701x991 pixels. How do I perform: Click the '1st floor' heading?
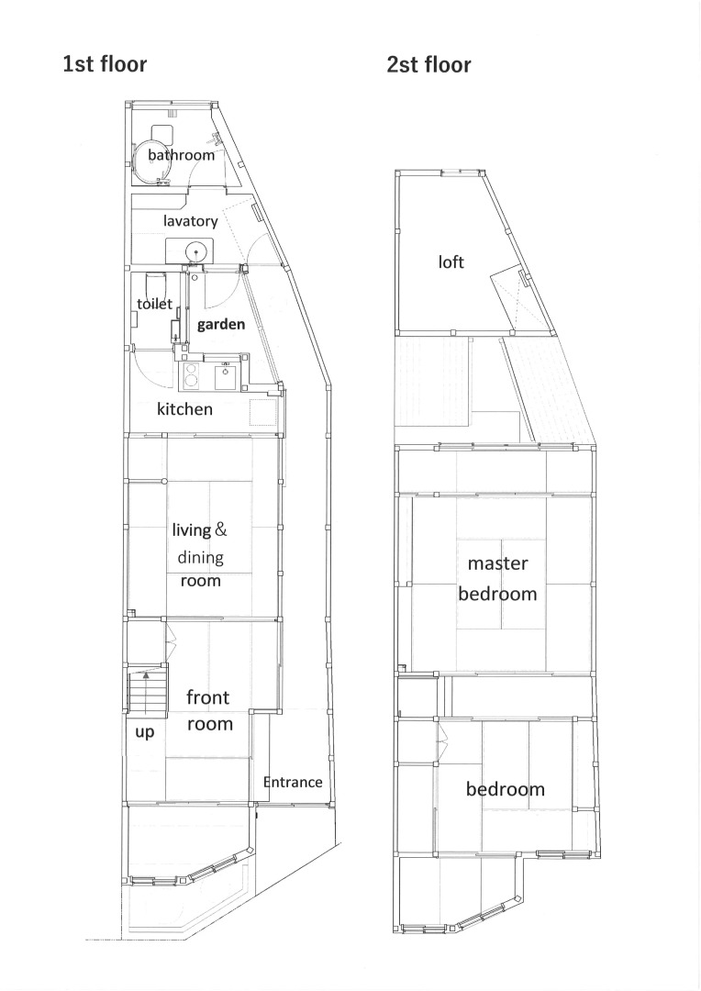[x=105, y=64]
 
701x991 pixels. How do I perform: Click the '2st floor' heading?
[x=429, y=64]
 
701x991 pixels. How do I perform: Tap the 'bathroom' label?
[x=181, y=155]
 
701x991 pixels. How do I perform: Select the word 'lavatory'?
[x=190, y=220]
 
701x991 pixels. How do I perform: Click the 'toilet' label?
[x=154, y=304]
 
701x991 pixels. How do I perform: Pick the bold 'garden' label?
[x=220, y=324]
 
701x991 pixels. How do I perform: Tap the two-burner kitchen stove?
[x=190, y=376]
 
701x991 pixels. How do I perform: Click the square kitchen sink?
[x=226, y=377]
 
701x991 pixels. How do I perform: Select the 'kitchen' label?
[x=184, y=409]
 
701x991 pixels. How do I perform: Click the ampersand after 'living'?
[x=220, y=529]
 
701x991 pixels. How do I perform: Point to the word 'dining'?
[x=200, y=558]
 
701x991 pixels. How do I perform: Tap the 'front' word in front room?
[x=208, y=697]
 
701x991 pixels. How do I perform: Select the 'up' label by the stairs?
[x=145, y=732]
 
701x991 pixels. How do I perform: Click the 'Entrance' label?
[x=293, y=782]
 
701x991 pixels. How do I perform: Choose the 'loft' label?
[x=451, y=262]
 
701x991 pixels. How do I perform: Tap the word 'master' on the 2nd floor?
[x=497, y=563]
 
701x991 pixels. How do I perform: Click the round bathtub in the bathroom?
[x=151, y=161]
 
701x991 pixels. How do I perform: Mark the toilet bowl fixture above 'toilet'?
[x=155, y=282]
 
